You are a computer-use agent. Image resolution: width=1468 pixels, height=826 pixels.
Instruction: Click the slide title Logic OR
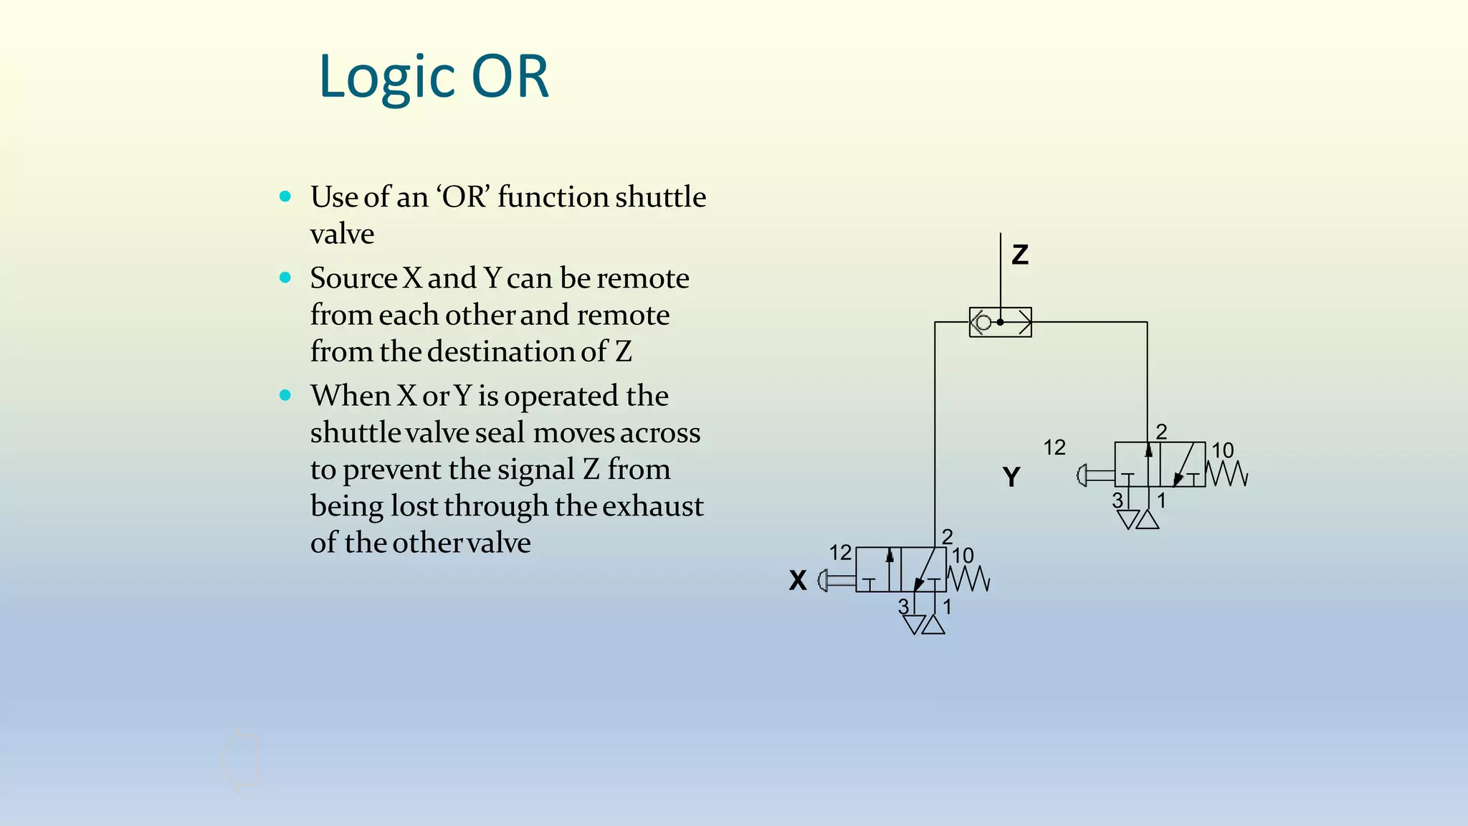tap(434, 77)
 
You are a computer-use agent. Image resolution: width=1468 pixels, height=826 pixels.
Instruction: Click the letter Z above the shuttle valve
tap(1019, 255)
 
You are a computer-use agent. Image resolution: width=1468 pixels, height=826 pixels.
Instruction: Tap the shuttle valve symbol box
tap(1000, 323)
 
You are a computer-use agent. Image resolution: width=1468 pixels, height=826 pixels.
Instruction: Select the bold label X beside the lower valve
tap(798, 580)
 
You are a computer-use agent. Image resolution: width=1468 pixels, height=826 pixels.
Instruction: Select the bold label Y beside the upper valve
tap(1011, 477)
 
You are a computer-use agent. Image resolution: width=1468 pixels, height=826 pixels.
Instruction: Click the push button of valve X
tap(824, 580)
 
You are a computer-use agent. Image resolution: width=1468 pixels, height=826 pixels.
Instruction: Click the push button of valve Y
tap(1083, 475)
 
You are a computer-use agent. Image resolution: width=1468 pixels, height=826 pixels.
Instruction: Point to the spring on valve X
tap(968, 579)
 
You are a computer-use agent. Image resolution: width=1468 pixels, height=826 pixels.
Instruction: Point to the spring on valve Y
tap(1227, 474)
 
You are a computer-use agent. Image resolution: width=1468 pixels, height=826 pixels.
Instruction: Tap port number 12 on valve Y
tap(1054, 447)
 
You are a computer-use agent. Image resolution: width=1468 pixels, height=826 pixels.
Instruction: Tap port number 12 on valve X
tap(840, 553)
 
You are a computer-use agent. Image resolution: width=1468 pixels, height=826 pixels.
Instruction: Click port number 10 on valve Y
tap(1222, 450)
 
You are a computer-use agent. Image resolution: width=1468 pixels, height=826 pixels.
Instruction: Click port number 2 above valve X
tap(947, 536)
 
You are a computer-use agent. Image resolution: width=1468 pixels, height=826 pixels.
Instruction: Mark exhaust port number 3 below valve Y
tap(1117, 500)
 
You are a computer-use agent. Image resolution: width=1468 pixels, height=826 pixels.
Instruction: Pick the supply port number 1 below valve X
tap(947, 607)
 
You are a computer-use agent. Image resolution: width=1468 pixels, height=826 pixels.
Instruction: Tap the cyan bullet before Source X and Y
tap(285, 277)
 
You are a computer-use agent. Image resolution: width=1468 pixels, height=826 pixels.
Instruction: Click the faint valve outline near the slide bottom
tap(241, 761)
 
